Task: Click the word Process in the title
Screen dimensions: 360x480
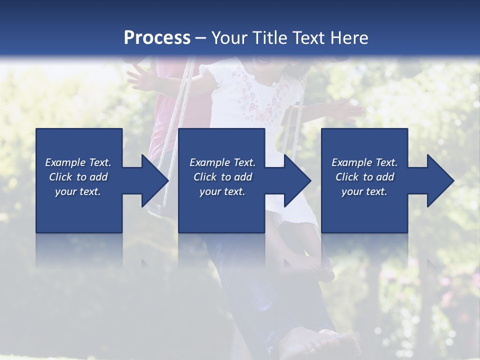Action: pos(157,38)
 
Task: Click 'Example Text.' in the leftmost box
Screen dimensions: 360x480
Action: pos(78,162)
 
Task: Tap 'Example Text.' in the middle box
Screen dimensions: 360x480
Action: pos(222,162)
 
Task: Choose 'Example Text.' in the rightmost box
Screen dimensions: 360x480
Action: pos(364,162)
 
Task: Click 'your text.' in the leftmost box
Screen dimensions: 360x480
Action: pos(78,191)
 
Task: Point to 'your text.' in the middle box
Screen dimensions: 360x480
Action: pos(222,191)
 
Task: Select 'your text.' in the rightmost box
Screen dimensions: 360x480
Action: pos(364,191)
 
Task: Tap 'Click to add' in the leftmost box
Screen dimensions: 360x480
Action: pos(78,177)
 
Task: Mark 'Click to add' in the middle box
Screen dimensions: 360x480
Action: pos(222,177)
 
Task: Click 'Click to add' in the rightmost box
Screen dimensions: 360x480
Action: pos(364,177)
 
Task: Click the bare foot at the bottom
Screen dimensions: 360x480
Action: pos(320,344)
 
